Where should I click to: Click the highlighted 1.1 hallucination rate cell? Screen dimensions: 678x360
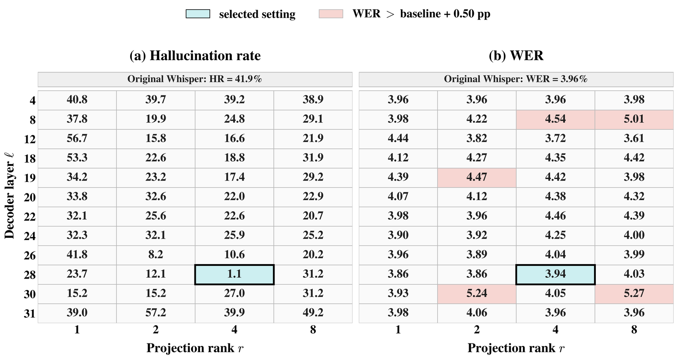234,275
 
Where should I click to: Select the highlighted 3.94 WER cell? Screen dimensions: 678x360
556,275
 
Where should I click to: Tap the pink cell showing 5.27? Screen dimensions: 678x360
634,294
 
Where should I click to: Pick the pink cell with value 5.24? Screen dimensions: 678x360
477,294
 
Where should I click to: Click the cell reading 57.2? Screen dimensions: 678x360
156,313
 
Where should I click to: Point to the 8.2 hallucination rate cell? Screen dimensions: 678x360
156,255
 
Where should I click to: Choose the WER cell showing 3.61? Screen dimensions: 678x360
634,139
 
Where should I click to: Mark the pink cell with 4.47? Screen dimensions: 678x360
477,178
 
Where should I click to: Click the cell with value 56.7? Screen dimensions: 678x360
77,139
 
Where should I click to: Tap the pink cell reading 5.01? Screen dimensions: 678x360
634,120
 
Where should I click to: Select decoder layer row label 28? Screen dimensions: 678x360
30,275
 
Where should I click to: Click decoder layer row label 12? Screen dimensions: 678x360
30,139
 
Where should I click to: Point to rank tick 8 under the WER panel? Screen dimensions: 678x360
634,329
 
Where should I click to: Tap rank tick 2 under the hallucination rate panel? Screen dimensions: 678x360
156,329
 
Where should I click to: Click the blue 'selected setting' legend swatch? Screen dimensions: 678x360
198,14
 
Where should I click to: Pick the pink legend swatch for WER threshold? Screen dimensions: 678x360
331,14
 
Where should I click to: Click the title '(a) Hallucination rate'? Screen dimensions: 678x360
195,56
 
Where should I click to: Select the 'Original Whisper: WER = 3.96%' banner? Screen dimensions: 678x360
516,79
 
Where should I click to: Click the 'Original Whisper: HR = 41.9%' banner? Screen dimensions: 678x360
195,79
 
